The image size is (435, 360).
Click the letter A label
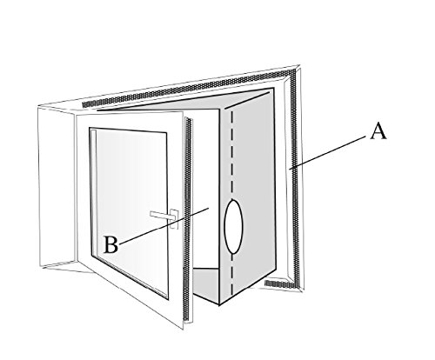pos(378,131)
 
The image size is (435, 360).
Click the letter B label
pos(111,244)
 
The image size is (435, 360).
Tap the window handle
pos(164,216)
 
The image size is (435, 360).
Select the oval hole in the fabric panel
pos(234,226)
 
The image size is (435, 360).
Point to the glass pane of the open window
pos(130,213)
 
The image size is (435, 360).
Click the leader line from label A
pos(329,152)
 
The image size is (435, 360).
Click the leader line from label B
pos(164,225)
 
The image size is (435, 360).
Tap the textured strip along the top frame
pos(189,89)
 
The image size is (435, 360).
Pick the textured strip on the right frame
pos(295,177)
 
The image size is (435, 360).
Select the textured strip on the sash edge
pos(188,219)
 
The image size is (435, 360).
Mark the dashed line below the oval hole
pos(231,275)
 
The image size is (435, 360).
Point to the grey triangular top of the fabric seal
pos(185,101)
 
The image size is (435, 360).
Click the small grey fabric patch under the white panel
pos(206,284)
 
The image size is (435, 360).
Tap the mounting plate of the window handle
pos(174,219)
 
